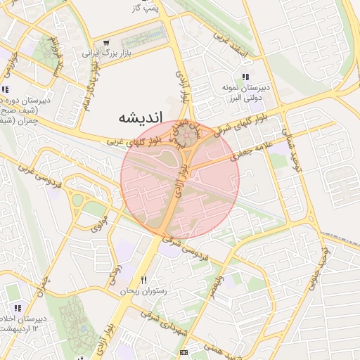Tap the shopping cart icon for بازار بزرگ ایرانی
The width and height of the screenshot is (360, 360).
click(106, 42)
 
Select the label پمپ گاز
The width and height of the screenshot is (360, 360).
click(146, 8)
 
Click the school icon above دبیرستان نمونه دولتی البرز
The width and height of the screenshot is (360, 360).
click(244, 77)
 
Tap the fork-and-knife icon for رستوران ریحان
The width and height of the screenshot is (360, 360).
click(143, 280)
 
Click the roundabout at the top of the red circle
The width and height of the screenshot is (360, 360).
click(186, 135)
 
